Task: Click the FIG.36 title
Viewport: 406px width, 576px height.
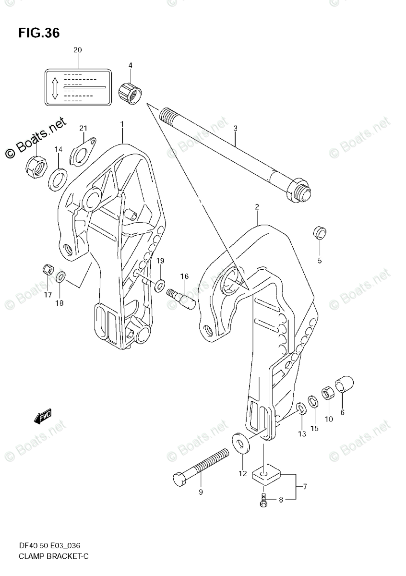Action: point(39,33)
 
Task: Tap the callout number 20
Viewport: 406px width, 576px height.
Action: point(78,50)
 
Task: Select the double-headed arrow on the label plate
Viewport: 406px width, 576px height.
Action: point(55,87)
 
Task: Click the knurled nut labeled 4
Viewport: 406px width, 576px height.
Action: point(131,89)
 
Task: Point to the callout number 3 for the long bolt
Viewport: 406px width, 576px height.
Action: point(236,128)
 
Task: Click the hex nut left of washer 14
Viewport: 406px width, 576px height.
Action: point(36,166)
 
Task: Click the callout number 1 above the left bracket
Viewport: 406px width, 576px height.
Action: point(122,124)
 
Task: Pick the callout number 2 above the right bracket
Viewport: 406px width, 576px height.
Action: point(257,207)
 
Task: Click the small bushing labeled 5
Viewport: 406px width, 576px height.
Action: point(320,232)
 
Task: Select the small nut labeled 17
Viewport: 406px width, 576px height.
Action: point(48,269)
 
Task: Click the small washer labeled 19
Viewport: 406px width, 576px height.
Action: point(160,286)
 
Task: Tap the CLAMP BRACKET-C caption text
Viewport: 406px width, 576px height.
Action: point(47,556)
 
